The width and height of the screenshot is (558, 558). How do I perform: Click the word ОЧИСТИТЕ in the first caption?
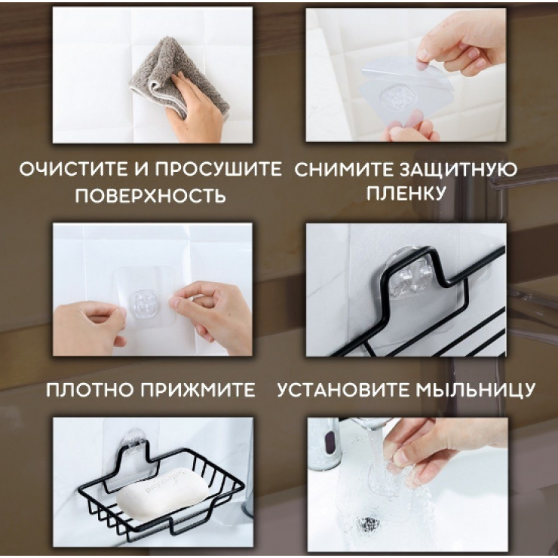click(x=74, y=169)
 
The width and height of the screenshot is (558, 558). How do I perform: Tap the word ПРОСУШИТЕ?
click(x=219, y=169)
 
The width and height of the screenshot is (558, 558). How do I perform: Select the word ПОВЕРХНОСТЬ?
click(x=151, y=195)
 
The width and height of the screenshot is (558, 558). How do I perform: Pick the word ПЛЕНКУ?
click(x=406, y=193)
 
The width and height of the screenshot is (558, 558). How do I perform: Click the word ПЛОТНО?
click(x=89, y=390)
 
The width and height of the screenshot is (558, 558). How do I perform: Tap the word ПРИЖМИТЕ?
click(x=198, y=390)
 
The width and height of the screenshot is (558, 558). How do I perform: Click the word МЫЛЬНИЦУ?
click(x=475, y=391)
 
